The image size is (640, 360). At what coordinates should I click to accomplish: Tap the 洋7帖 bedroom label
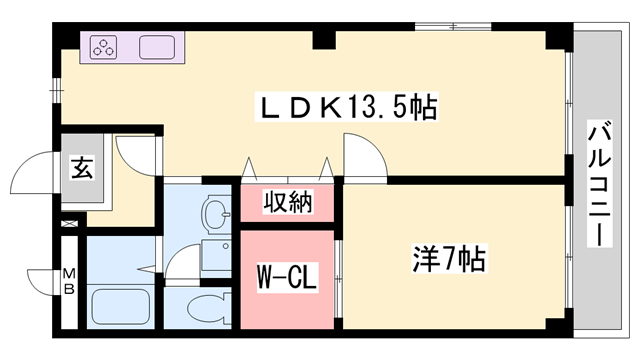pos(449,261)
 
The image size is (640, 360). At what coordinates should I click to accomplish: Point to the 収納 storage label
pos(288,203)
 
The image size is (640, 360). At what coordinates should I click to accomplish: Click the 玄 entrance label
pos(82,169)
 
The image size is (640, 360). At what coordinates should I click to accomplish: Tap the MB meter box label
pos(70,283)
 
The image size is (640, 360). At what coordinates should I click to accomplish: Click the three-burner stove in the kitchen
pos(106,46)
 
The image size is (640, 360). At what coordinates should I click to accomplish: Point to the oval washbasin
pos(215,212)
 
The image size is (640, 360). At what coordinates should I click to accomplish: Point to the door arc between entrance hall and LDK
pos(134,155)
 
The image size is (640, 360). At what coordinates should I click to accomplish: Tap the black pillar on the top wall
pos(323,40)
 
